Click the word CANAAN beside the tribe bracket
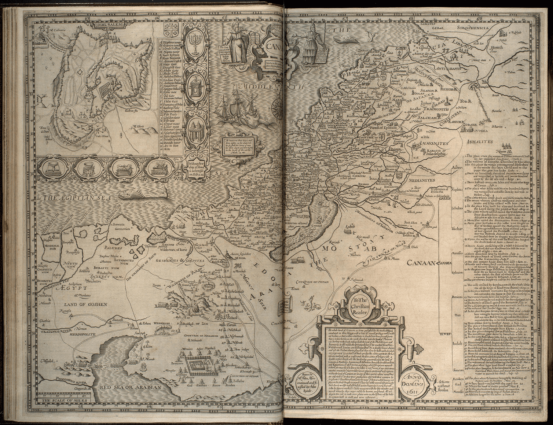pyautogui.click(x=422, y=263)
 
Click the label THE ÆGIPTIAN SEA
pyautogui.click(x=77, y=197)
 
